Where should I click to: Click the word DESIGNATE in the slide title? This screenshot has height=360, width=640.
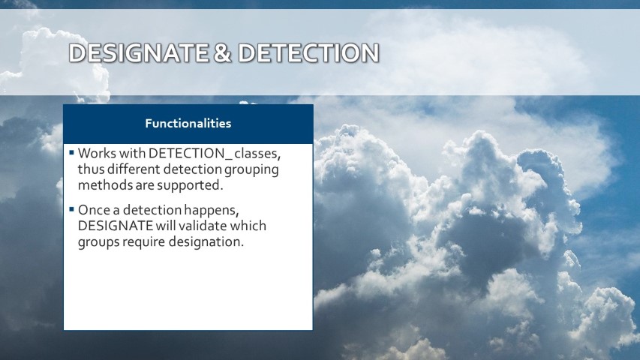pyautogui.click(x=138, y=53)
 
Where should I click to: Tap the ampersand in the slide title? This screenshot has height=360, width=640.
pyautogui.click(x=222, y=53)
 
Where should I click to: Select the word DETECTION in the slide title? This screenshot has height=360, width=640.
pyautogui.click(x=308, y=53)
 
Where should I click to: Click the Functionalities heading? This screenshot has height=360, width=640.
pyautogui.click(x=188, y=123)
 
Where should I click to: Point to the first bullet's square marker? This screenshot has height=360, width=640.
pyautogui.click(x=71, y=153)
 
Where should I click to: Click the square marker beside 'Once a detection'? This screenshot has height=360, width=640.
pyautogui.click(x=71, y=209)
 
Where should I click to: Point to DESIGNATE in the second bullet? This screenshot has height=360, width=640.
pyautogui.click(x=116, y=226)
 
